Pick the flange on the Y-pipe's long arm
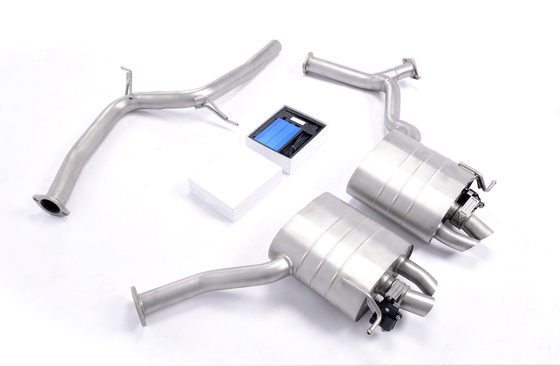[308, 63]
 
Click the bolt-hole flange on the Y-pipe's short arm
[411, 68]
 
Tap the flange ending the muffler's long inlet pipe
[138, 306]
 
